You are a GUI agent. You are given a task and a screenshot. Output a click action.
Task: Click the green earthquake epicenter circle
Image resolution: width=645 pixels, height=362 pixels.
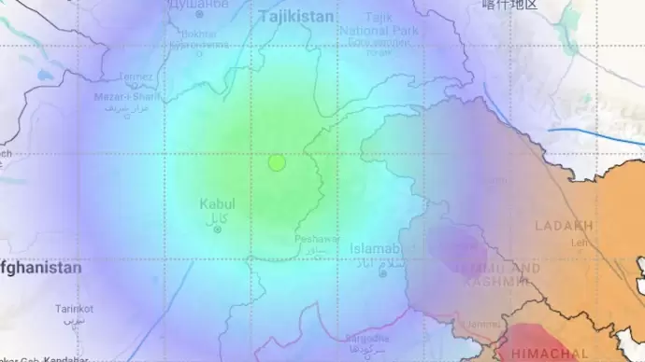[277, 162]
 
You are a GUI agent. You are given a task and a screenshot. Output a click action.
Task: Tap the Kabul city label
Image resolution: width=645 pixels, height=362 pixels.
[218, 204]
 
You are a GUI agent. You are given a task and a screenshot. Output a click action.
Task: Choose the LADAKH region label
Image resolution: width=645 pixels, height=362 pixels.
[564, 226]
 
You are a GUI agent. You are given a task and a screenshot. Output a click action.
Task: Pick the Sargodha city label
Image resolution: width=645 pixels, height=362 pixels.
[366, 339]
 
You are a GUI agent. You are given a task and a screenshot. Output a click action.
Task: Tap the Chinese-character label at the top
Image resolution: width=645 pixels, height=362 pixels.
[509, 5]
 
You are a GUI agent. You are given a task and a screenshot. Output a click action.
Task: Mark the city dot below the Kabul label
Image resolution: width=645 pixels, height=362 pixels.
[218, 230]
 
